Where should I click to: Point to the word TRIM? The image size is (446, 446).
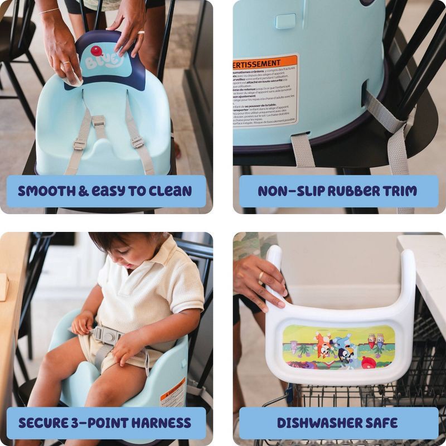click(x=396, y=191)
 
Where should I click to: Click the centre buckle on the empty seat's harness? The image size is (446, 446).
click(x=99, y=120)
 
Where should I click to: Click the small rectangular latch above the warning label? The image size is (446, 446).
click(x=285, y=22)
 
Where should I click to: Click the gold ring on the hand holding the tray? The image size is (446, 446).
click(x=260, y=276)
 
